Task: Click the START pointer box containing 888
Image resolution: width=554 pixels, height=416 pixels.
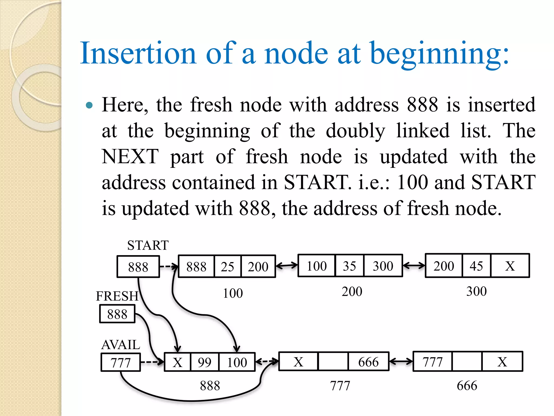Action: click(138, 267)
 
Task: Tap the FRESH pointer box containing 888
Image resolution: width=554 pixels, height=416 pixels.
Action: click(117, 314)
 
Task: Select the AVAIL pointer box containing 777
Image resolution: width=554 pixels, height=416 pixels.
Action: click(121, 362)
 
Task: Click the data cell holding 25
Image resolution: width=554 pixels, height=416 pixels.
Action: click(227, 266)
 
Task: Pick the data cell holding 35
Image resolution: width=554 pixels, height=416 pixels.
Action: click(349, 266)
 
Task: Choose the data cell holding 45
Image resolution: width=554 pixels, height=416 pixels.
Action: click(476, 266)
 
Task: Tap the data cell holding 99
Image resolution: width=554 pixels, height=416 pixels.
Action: click(205, 362)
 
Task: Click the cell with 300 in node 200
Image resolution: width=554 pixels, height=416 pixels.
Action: click(383, 266)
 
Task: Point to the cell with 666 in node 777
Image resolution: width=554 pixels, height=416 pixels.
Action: click(368, 362)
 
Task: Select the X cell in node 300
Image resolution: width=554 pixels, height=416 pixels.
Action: click(510, 266)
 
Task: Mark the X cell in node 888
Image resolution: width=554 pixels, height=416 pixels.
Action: click(177, 362)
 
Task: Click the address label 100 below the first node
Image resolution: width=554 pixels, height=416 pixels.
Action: click(233, 293)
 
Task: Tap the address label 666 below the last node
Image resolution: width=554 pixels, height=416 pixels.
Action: click(467, 385)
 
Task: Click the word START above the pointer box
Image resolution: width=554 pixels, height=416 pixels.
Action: click(148, 245)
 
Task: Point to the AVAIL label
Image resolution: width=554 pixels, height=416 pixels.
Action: click(121, 345)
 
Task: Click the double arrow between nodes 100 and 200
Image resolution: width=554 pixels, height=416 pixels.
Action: click(287, 266)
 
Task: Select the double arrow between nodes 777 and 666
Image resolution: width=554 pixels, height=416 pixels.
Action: click(401, 361)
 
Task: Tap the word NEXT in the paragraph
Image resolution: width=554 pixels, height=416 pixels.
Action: click(130, 157)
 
